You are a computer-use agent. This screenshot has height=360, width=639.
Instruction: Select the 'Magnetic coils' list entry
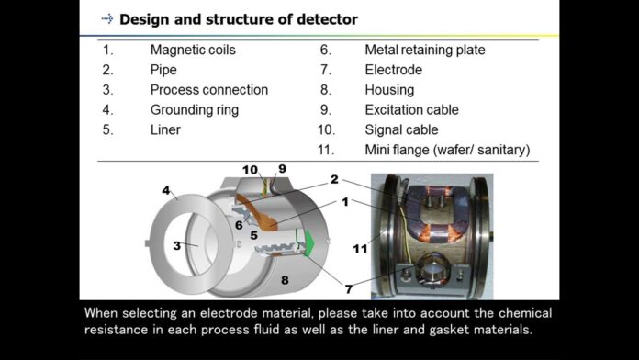point(194,50)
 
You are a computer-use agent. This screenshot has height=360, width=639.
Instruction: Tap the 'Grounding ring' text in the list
point(194,109)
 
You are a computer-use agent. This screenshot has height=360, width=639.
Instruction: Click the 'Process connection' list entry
point(208,90)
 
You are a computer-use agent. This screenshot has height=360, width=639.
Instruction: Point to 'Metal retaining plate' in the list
point(424,50)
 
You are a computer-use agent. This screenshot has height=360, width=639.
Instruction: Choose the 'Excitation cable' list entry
point(411,109)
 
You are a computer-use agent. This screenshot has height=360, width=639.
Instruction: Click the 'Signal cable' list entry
point(401,129)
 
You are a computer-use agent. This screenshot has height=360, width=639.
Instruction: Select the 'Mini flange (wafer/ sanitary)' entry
point(447,150)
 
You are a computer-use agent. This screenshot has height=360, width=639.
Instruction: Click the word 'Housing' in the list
point(389,90)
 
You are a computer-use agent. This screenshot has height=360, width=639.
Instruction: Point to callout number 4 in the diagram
point(166,190)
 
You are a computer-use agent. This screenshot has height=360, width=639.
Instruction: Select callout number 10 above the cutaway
point(251,170)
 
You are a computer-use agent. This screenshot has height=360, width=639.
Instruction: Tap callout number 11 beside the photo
point(359,248)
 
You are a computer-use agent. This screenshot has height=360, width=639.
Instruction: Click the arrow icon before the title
point(106,18)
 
